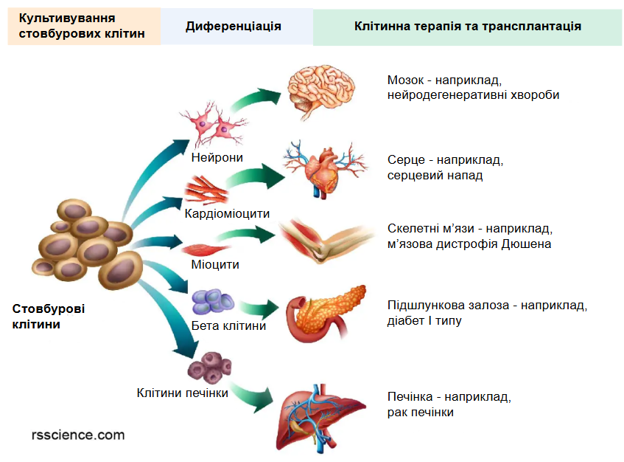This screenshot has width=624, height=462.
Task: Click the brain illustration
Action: (x=320, y=91)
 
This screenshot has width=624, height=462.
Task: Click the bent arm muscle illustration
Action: (x=326, y=241)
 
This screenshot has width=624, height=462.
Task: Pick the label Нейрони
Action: (x=217, y=157)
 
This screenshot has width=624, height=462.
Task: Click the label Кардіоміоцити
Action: (x=227, y=214)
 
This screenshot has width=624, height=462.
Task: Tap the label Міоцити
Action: (x=215, y=265)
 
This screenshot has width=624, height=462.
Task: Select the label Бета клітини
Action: (x=228, y=325)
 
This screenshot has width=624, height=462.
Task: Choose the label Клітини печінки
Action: (x=182, y=393)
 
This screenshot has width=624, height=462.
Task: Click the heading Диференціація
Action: (x=234, y=27)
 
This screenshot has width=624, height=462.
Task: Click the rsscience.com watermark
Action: (x=78, y=435)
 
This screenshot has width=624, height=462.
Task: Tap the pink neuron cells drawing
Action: (x=213, y=125)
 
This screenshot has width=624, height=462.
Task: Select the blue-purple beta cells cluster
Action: (x=212, y=302)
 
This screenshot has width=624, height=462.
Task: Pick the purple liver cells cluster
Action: (x=210, y=367)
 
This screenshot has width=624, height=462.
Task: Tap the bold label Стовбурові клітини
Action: (x=49, y=317)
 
